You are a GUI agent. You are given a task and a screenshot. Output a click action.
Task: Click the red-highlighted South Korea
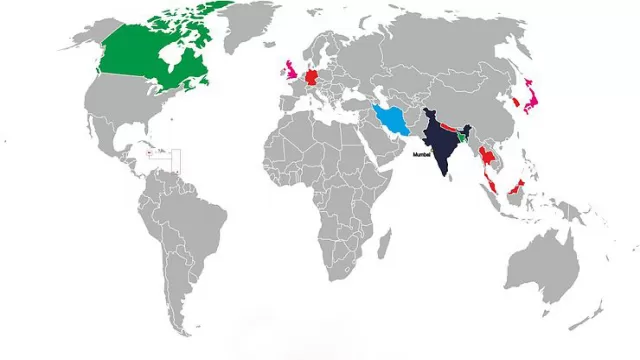pyautogui.click(x=512, y=102)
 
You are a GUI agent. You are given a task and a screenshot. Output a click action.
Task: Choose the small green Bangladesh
pyautogui.click(x=463, y=138)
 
